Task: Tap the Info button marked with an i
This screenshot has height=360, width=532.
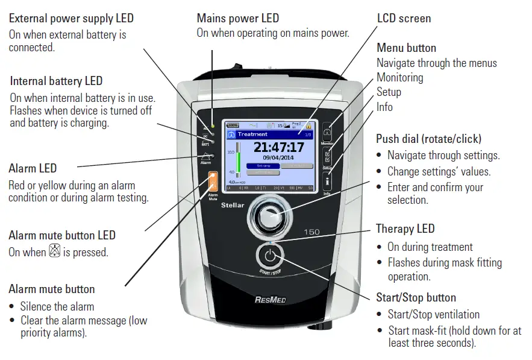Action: point(327,180)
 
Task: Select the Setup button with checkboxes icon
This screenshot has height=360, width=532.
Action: point(327,156)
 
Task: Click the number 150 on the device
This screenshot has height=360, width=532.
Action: point(311,232)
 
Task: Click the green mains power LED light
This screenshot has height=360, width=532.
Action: point(212,110)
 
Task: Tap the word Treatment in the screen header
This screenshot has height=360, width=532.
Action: point(252,134)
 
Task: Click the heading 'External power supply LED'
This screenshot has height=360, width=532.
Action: point(71,19)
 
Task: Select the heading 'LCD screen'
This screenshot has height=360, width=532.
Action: point(404,18)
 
